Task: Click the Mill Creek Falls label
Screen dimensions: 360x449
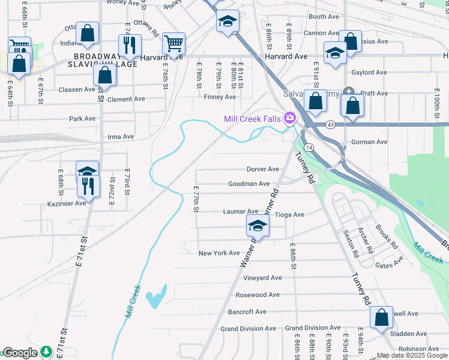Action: click(252, 119)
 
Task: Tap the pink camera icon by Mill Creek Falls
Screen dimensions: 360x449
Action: click(291, 118)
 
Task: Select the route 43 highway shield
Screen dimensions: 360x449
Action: click(331, 124)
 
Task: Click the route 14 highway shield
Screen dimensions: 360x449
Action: click(307, 147)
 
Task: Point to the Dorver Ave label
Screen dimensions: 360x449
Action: click(263, 169)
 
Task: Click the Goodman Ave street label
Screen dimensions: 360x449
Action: click(249, 184)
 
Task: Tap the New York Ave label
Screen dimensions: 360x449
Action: click(219, 253)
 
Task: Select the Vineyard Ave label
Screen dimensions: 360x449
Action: click(262, 278)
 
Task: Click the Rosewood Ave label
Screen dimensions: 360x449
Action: click(258, 295)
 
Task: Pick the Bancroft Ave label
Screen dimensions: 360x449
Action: click(247, 312)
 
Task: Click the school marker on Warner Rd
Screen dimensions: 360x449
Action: click(258, 226)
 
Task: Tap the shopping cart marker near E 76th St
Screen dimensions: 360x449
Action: click(173, 43)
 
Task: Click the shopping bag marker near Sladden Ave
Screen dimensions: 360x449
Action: click(381, 318)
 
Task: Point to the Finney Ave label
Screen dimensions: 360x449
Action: click(220, 97)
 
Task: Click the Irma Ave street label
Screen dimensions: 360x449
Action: click(121, 137)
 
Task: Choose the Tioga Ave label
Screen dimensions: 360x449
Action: click(289, 215)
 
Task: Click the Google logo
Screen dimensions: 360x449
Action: click(20, 353)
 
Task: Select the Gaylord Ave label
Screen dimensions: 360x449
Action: click(369, 73)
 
